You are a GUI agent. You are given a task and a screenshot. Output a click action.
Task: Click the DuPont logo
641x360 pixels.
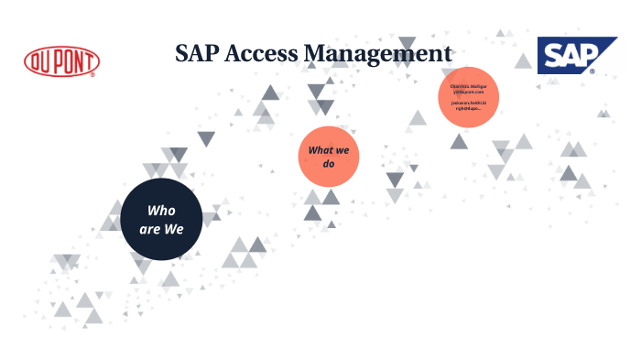pos(62,61)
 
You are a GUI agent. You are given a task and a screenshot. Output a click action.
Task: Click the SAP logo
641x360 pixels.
pos(565,56)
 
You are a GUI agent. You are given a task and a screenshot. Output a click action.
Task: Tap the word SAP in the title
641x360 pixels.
pos(198,54)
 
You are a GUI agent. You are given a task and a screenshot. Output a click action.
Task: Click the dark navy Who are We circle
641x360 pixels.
pos(161,220)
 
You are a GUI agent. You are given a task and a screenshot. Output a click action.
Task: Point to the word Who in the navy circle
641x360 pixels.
pos(161,210)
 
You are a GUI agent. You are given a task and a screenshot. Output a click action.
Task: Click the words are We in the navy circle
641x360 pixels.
pos(161,229)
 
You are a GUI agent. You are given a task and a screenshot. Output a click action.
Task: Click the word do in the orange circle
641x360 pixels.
pos(328,164)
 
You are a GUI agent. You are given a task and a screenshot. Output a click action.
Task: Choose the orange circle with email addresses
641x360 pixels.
pos(468,96)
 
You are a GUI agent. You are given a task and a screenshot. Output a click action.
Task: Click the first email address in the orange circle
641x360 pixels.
pos(468,89)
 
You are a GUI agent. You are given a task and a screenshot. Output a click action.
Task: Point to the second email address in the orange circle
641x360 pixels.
pos(468,104)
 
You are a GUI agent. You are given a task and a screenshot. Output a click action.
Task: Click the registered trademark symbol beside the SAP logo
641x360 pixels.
pos(592,71)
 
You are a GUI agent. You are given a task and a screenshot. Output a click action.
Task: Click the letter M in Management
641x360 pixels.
pos(315,54)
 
